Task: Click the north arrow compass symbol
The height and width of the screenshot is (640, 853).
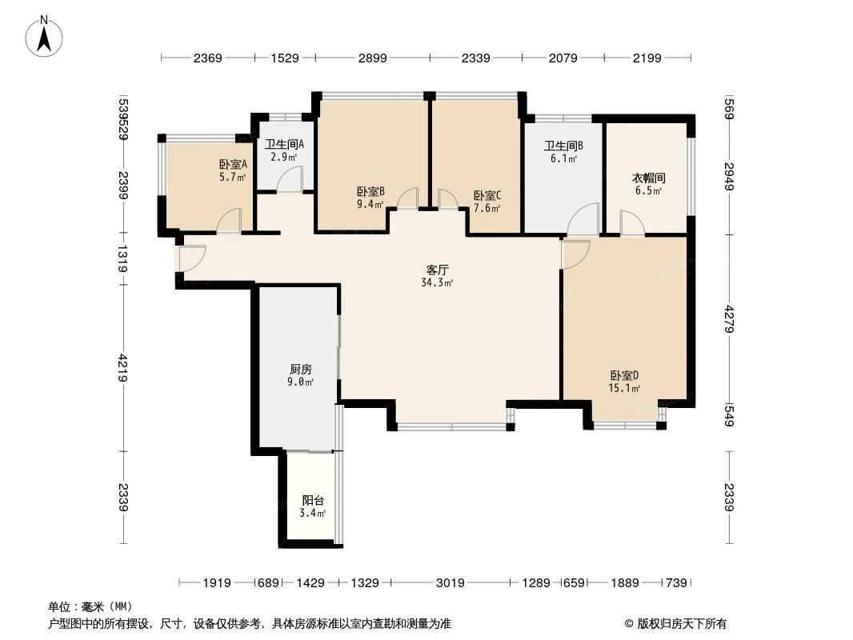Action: tap(46, 35)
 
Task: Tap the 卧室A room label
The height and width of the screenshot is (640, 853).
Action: tap(233, 170)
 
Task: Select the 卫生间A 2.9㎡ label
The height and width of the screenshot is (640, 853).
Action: tap(284, 150)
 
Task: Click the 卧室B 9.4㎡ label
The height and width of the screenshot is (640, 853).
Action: tap(370, 198)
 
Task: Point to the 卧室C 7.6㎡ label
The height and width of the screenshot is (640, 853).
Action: tap(487, 202)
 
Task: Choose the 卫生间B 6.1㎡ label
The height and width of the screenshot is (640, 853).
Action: tap(563, 152)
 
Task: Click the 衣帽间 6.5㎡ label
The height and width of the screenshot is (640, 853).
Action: tap(648, 184)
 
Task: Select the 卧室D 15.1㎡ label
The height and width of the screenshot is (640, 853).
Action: tap(624, 382)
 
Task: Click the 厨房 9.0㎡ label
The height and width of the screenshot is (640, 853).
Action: tap(301, 375)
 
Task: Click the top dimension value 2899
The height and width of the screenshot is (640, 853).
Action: tap(373, 58)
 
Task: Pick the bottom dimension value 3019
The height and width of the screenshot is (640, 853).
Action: tap(451, 583)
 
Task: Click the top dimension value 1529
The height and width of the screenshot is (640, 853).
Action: tap(285, 58)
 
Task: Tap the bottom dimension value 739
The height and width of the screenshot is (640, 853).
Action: tap(677, 583)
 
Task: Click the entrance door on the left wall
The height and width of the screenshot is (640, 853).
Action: tap(191, 258)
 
